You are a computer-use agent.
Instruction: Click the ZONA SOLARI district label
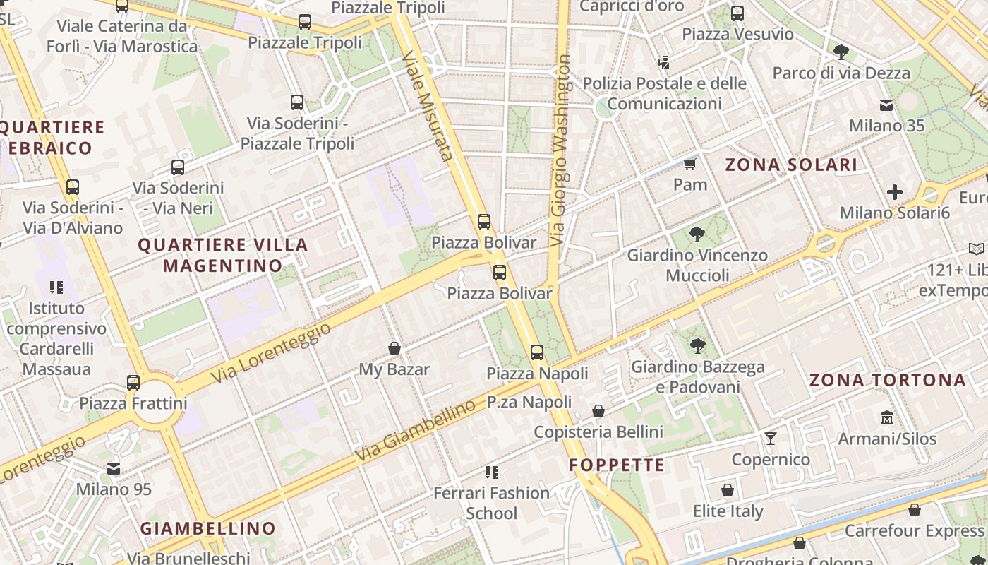tap(791, 165)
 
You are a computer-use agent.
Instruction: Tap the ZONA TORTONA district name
tap(887, 380)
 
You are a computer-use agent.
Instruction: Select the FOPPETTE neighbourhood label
tap(617, 465)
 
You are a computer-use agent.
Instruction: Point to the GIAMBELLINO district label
tap(207, 528)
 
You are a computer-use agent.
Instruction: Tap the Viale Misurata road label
tap(427, 105)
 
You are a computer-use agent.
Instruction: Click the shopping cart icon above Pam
tap(689, 165)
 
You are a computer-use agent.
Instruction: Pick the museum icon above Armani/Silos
tap(887, 418)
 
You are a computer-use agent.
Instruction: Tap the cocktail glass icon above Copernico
tap(771, 439)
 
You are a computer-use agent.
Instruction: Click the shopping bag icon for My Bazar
tap(394, 348)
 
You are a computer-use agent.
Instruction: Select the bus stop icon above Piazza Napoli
tap(537, 352)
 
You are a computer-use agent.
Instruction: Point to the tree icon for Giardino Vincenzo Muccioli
tap(697, 234)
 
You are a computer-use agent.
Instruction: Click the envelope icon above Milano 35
tap(886, 105)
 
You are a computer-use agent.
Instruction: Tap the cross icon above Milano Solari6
tap(895, 192)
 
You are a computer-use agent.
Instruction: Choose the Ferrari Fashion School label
tap(491, 503)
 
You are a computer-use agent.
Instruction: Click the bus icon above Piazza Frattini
tap(133, 383)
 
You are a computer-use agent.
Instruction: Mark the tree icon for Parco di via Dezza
tap(841, 52)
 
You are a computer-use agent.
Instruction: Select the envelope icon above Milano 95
tap(114, 469)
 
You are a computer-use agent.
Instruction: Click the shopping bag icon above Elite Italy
tap(728, 490)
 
